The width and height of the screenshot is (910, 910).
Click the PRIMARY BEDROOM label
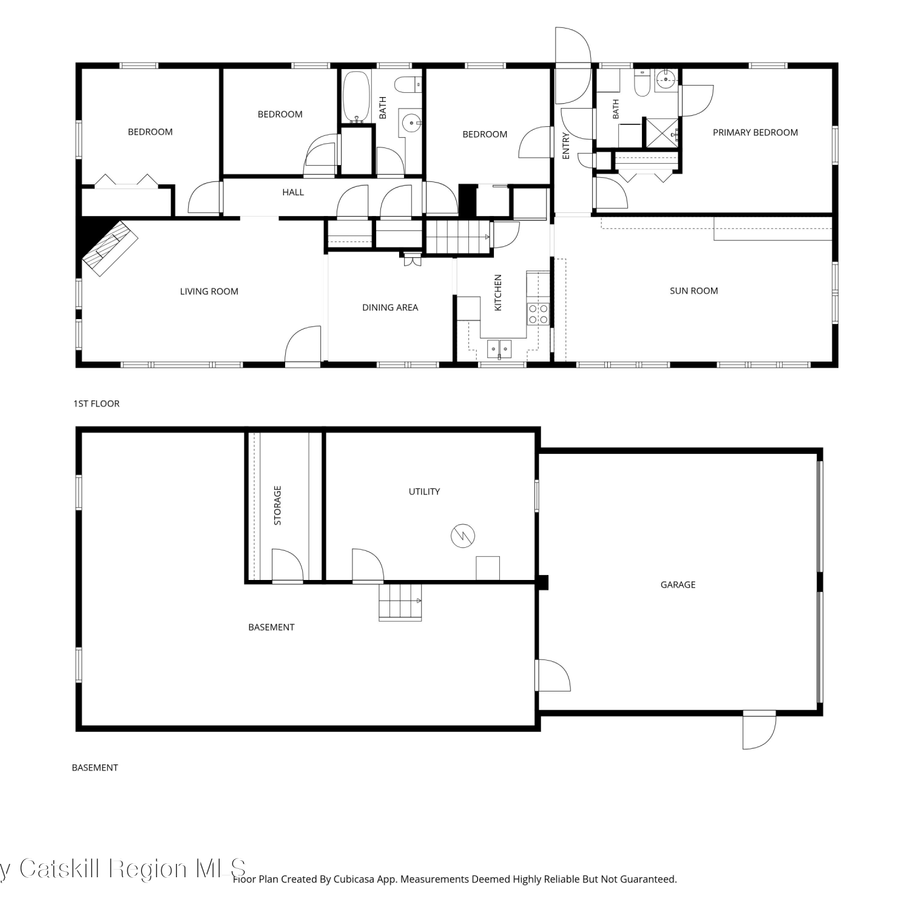click(755, 132)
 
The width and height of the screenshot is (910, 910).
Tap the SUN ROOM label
click(693, 291)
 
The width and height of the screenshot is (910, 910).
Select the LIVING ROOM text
click(209, 291)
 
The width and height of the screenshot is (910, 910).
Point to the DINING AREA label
click(390, 308)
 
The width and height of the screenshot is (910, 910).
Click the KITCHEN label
click(498, 292)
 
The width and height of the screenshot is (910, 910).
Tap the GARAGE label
click(678, 585)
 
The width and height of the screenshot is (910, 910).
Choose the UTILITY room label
click(424, 491)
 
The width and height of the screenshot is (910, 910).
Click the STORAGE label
click(277, 505)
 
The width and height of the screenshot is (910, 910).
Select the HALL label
click(293, 192)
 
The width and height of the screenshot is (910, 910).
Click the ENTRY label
click(566, 146)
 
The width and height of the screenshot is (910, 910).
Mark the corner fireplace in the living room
click(109, 248)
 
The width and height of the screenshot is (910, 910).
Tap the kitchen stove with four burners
click(538, 314)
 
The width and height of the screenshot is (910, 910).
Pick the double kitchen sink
click(499, 349)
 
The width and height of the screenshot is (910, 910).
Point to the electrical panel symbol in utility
click(463, 536)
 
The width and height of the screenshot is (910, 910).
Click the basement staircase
click(400, 602)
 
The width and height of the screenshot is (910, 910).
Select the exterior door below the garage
click(760, 730)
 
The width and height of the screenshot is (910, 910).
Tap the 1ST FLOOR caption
click(96, 403)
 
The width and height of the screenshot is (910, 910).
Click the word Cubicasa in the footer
click(353, 879)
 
